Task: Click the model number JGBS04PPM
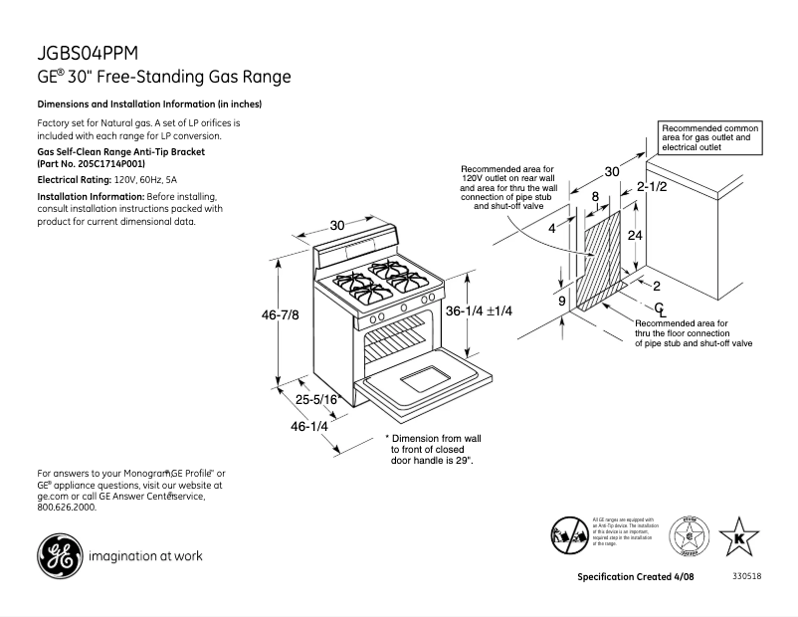89,53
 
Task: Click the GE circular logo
58,555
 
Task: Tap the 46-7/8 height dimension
280,313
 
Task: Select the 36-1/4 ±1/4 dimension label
479,311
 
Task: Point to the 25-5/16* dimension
318,399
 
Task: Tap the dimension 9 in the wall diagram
561,300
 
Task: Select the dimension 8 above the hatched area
595,197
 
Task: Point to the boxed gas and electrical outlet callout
711,137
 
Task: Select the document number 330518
746,577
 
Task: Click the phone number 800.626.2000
67,507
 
